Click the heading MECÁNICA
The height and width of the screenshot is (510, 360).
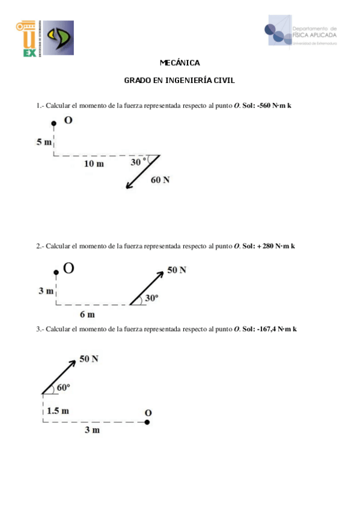tap(180, 63)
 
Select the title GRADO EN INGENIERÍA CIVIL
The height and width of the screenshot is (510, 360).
tap(180, 79)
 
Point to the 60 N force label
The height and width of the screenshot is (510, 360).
tap(160, 180)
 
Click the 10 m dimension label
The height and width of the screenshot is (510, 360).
tap(94, 164)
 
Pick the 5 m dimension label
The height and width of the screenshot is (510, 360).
tap(44, 142)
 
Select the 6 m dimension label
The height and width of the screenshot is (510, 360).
tap(87, 314)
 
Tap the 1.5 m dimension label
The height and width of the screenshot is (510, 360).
tap(58, 411)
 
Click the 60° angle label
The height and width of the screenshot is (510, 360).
tap(63, 388)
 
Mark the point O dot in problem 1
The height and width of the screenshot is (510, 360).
tap(54, 123)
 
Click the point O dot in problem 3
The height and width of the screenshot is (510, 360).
tap(147, 422)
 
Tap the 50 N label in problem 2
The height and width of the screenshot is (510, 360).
tap(177, 270)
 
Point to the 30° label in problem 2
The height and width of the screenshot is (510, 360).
tap(151, 297)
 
